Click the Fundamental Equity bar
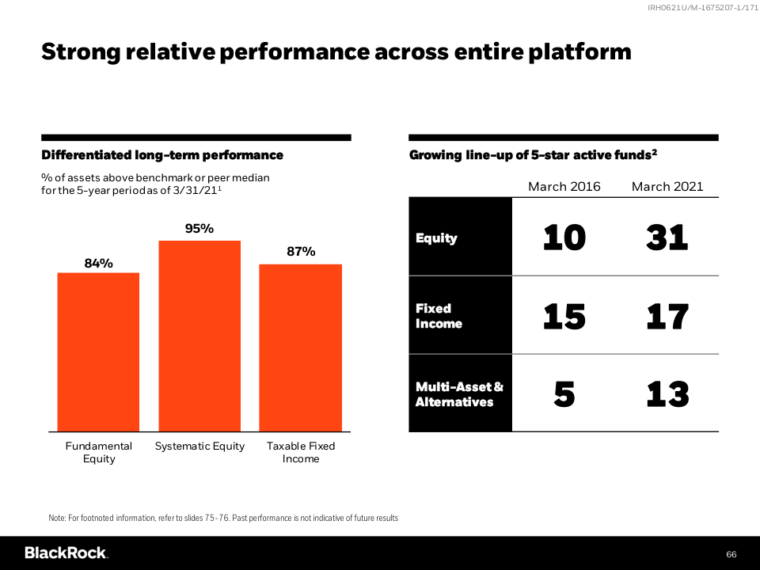(98, 351)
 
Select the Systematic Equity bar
(199, 336)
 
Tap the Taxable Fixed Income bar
(301, 348)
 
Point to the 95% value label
(199, 228)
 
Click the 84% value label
(98, 263)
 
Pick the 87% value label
(301, 252)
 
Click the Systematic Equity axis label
(199, 446)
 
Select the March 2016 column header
(564, 187)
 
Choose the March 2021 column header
(667, 187)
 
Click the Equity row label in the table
(436, 238)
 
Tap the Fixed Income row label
(439, 316)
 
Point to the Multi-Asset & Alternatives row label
(459, 394)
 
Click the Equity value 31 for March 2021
(667, 237)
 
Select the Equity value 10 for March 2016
(564, 237)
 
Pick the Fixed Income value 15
(564, 317)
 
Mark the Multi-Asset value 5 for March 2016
(564, 394)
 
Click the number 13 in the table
(667, 394)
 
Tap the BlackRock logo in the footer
(66, 553)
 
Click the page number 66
(731, 554)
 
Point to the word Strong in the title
(81, 52)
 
